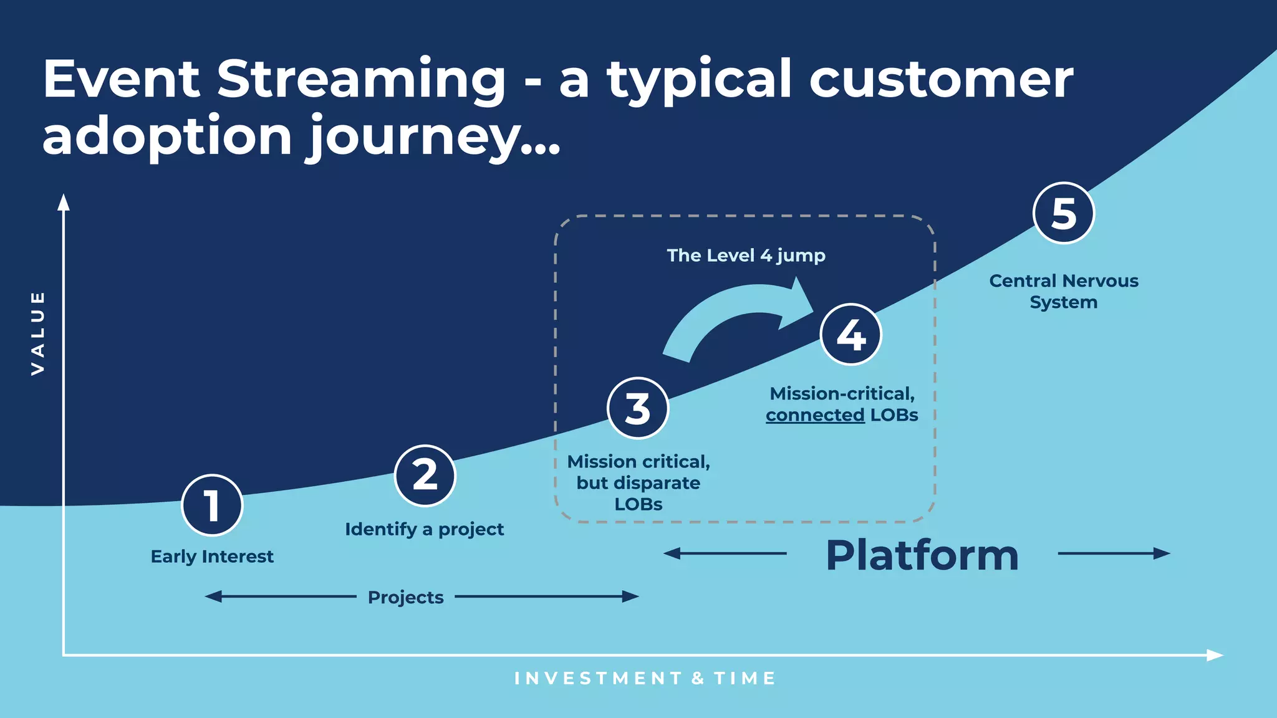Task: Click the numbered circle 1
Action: tap(212, 505)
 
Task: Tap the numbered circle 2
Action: tap(425, 476)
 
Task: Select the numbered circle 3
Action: tap(638, 408)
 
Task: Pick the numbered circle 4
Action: tap(851, 335)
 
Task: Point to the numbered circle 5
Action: tap(1064, 213)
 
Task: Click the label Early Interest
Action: tap(212, 556)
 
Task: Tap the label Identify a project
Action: tap(424, 529)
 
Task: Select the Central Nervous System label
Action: tap(1064, 291)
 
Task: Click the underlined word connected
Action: tap(815, 415)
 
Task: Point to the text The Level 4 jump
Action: tap(746, 256)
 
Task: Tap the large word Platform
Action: tap(922, 555)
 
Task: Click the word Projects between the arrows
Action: tap(405, 597)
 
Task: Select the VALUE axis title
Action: tap(38, 333)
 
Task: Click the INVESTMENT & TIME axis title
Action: tap(645, 678)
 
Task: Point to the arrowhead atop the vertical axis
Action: tap(64, 202)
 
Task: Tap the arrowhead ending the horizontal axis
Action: tap(1215, 655)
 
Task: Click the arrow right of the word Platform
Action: tap(1114, 553)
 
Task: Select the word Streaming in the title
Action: tap(361, 80)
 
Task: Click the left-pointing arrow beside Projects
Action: tap(281, 596)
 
